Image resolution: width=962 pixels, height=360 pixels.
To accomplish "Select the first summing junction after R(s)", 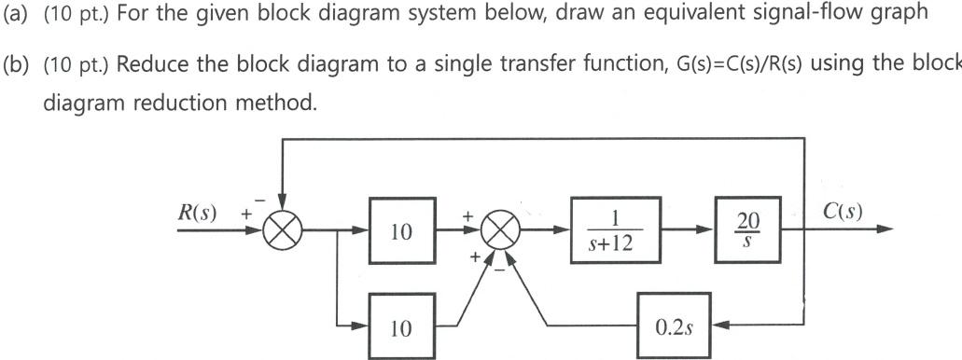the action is tap(280, 230).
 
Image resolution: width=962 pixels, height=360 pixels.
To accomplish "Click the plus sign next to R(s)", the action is tap(247, 215).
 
